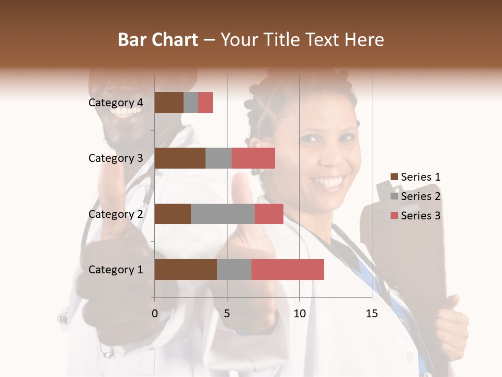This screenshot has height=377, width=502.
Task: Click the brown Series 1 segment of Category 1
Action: [x=186, y=270]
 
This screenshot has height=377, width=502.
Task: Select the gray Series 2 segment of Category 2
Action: [x=223, y=214]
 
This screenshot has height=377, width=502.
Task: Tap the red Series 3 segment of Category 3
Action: [x=253, y=158]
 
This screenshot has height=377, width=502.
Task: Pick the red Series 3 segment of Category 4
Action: [x=206, y=103]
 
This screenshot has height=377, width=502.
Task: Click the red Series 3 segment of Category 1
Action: [x=288, y=270]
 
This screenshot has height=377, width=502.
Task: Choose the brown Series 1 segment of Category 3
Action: [x=180, y=158]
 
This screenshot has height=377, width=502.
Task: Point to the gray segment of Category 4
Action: [x=191, y=103]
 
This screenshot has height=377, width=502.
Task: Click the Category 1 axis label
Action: [x=116, y=270]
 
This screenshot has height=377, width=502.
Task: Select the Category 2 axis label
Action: [x=116, y=214]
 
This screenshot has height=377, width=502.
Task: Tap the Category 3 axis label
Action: [x=116, y=158]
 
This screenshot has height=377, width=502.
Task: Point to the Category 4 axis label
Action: [x=116, y=103]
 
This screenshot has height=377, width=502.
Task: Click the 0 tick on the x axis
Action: [x=155, y=314]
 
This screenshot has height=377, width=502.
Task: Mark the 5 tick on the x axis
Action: [x=227, y=314]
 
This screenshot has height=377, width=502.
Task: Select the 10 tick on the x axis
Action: [x=299, y=314]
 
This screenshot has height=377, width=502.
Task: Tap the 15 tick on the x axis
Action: [x=372, y=314]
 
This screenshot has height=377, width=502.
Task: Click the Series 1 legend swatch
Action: [x=394, y=177]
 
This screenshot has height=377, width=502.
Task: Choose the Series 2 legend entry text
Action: [x=420, y=196]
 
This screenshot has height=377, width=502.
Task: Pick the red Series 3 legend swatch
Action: [x=394, y=216]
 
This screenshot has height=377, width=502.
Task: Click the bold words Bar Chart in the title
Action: [x=158, y=40]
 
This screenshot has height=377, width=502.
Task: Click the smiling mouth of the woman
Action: [x=328, y=182]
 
